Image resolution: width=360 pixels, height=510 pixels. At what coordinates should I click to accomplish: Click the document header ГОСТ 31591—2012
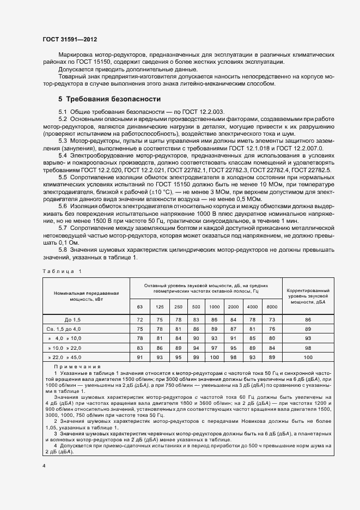[x=69, y=40]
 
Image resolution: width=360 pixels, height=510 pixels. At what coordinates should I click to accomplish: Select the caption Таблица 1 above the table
[x=60, y=271]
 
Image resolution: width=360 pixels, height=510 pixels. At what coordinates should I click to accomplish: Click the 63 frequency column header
[x=139, y=307]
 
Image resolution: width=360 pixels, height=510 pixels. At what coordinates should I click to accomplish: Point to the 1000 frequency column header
[x=214, y=307]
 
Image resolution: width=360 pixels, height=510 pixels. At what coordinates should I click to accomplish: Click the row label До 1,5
[x=72, y=319]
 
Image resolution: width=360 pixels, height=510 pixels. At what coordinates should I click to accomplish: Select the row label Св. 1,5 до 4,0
[x=64, y=329]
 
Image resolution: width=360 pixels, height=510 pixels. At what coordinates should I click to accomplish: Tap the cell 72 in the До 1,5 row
[x=139, y=319]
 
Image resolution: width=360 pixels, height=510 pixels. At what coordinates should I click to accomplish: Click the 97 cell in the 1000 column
[x=214, y=348]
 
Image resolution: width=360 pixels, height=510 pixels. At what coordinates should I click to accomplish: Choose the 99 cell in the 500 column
[x=196, y=357]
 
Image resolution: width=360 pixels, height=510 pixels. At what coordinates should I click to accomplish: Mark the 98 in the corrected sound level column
[x=308, y=348]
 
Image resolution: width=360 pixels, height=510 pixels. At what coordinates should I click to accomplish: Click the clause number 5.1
[x=62, y=111]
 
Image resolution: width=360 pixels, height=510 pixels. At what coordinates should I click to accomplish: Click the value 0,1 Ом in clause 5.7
[x=61, y=242]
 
